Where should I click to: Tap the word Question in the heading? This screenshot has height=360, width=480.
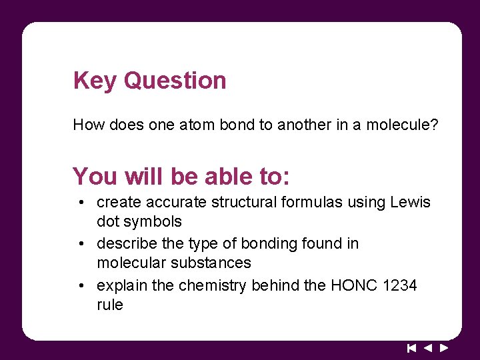tap(175, 81)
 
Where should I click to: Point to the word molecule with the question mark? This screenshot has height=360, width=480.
tap(402, 125)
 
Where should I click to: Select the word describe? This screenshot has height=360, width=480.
tap(129, 244)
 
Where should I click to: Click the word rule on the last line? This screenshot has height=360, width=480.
tap(110, 305)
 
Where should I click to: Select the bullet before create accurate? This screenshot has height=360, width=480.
tap(79, 203)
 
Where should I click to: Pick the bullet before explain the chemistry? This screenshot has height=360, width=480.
tap(79, 286)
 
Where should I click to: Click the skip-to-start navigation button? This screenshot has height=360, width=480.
tap(411, 347)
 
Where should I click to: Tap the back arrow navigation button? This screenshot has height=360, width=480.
tap(428, 347)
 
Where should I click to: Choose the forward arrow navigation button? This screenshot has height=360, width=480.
tap(444, 347)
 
